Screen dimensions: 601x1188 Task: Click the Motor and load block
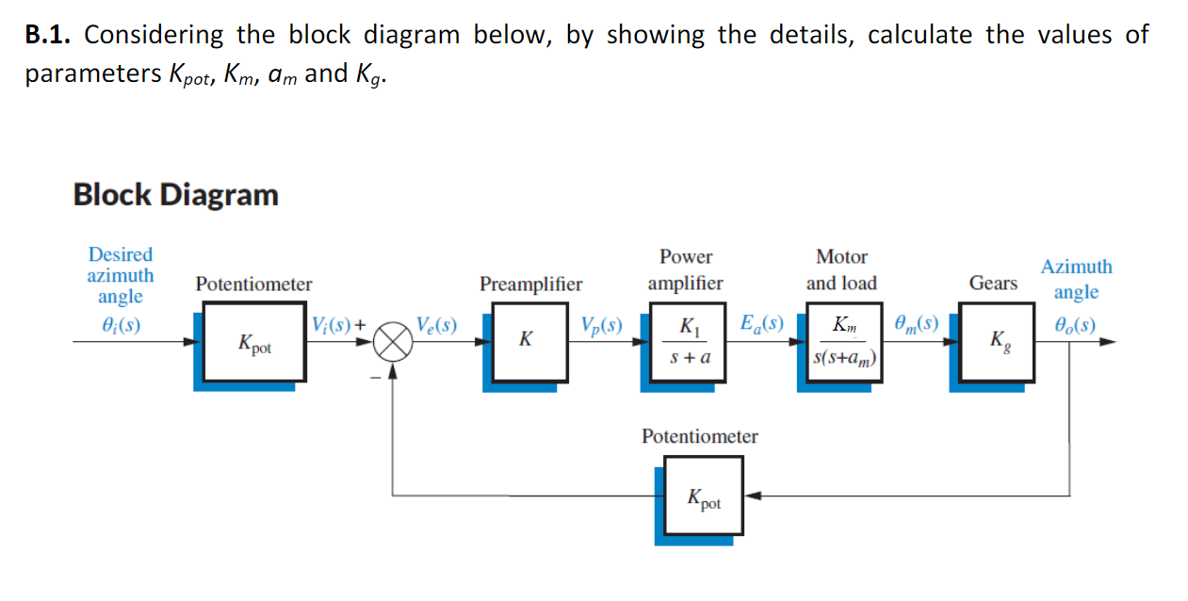coord(843,341)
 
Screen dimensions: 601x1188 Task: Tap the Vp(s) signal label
coord(601,326)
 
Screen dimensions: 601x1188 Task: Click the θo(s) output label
coord(1073,325)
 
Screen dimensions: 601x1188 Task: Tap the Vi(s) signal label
coord(334,325)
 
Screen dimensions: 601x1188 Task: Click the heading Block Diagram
coord(176,195)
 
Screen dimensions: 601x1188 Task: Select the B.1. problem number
coord(49,36)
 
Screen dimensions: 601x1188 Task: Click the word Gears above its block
coord(993,283)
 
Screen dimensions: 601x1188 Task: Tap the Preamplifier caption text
coord(530,284)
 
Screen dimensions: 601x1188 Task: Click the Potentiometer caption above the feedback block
coord(699,436)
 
